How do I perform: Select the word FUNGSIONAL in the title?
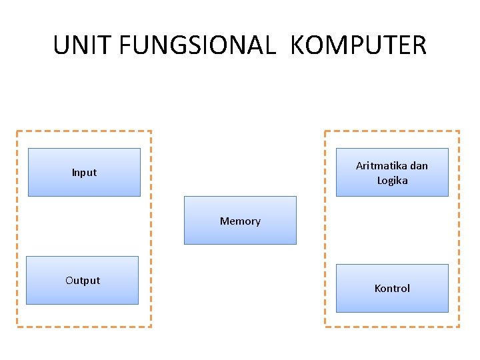[197, 45]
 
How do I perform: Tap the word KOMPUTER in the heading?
[359, 45]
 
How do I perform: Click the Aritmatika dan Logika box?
[392, 173]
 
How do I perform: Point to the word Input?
[84, 173]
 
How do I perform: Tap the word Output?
[83, 281]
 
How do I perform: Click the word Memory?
[240, 221]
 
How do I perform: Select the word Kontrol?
[392, 289]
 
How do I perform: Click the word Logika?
[392, 181]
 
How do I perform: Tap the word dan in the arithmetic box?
[419, 165]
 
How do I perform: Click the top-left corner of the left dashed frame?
[17, 131]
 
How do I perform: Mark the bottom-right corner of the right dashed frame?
[459, 327]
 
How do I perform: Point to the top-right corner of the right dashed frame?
[459, 131]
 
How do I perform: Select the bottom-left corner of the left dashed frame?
[17, 327]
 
